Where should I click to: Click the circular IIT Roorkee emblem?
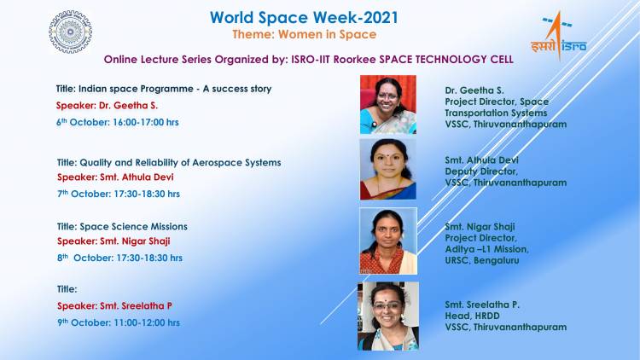pos(71,32)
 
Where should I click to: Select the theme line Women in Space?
pos(304,34)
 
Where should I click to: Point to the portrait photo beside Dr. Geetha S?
pos(388,104)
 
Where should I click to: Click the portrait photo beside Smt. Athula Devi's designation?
pos(387,168)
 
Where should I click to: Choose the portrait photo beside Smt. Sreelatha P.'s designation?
pos(388,316)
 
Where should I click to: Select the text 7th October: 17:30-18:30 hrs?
pos(119,194)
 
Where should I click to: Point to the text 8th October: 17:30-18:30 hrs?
pos(119,258)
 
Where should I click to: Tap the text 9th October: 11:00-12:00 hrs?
pos(119,322)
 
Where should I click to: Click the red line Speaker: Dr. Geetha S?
pos(108,105)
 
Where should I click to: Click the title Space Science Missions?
pos(122,226)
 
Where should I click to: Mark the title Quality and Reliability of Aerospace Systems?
pos(169,162)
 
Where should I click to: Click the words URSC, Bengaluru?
pos(481,260)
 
